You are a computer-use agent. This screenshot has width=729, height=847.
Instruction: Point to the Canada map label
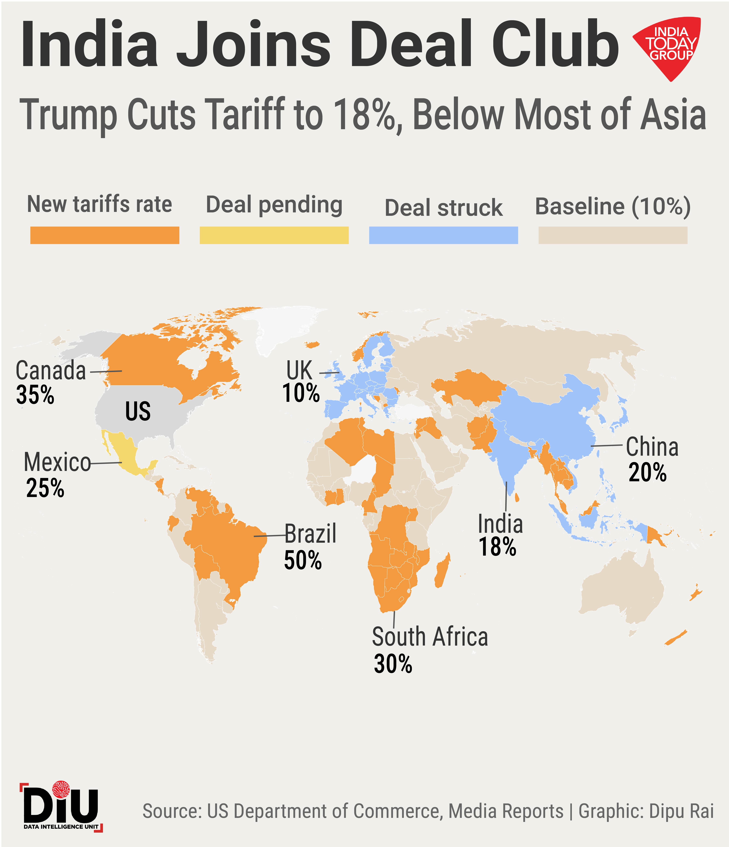51,371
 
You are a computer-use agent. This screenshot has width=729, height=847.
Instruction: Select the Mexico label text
57,462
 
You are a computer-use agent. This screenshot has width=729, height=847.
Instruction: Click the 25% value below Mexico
45,488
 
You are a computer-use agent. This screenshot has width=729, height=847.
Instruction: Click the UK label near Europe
299,370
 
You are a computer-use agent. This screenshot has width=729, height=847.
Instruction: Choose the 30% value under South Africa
393,664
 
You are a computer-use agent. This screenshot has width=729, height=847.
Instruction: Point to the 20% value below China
648,473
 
